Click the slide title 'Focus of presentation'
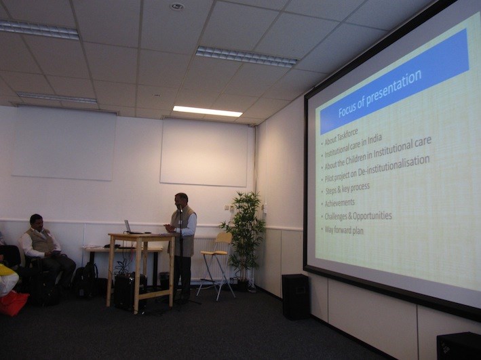[x=380, y=94]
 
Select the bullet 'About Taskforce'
[x=341, y=138]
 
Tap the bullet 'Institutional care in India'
[x=353, y=146]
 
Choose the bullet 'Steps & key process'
[x=347, y=188]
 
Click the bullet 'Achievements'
[x=340, y=203]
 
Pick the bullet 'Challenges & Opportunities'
[x=358, y=216]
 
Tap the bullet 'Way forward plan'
[x=344, y=230]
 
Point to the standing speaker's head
[x=181, y=200]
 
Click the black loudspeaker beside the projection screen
[x=295, y=297]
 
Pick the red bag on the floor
[x=14, y=303]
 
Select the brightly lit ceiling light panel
[x=208, y=111]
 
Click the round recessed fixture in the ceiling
[x=177, y=6]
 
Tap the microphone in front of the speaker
[x=180, y=209]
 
